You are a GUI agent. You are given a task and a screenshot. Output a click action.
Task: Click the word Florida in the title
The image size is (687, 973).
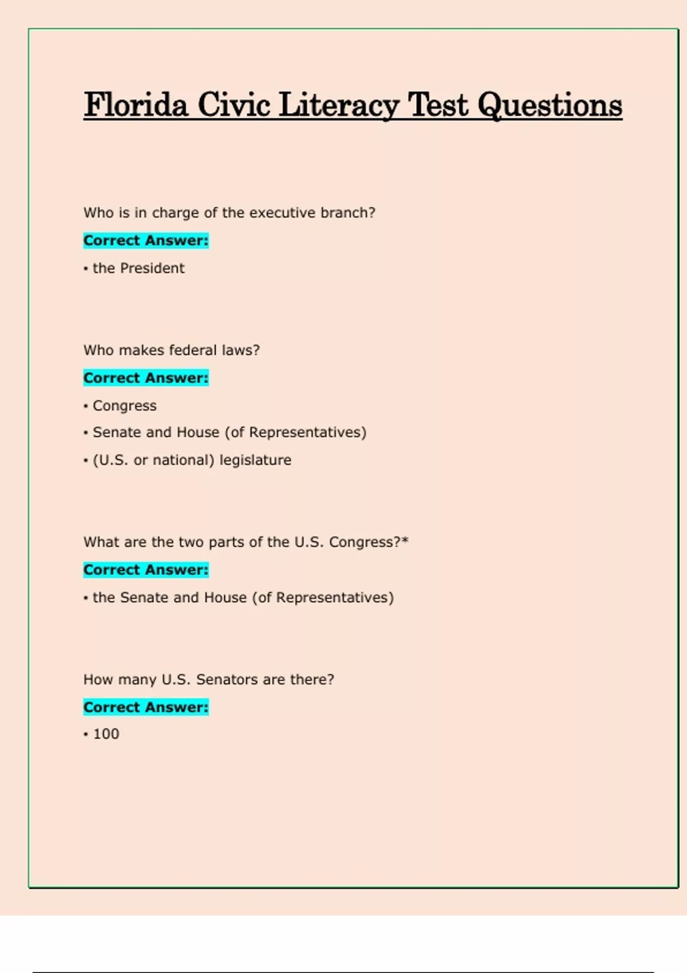[x=136, y=105]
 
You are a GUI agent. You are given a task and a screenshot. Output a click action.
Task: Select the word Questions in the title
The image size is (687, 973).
[x=550, y=105]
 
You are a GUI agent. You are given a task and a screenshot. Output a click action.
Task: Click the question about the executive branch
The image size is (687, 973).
[x=229, y=213]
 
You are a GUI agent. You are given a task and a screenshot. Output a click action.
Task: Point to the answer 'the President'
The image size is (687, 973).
[x=139, y=268]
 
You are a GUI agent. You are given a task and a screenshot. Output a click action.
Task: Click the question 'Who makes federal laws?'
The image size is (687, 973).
[x=171, y=350]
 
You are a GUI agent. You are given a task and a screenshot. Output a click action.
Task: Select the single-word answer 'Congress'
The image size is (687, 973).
[x=124, y=406]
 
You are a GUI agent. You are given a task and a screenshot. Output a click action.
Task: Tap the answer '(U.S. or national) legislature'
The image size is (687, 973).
[x=192, y=460]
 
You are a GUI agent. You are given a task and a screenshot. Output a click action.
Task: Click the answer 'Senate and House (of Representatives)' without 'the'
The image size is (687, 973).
[x=229, y=433]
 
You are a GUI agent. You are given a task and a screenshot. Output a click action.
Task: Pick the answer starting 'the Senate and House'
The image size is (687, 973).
[x=243, y=598]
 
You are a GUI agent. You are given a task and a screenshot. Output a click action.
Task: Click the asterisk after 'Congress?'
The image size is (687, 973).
[x=405, y=540]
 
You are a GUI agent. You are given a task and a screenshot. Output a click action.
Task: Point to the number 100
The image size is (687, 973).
[x=106, y=734]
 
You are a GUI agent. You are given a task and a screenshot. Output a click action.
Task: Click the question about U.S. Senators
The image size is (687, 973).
[x=208, y=680]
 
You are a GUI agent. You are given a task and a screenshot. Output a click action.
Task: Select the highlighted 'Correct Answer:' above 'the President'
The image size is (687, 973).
[x=146, y=241]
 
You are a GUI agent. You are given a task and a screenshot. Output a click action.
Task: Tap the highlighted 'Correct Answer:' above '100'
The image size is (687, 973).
[x=146, y=707]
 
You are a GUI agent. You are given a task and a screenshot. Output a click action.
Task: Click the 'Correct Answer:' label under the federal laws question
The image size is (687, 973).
[x=146, y=378]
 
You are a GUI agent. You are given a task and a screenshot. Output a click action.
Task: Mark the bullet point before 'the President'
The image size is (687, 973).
[x=86, y=269]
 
